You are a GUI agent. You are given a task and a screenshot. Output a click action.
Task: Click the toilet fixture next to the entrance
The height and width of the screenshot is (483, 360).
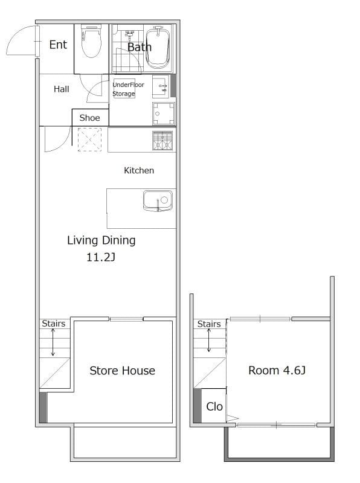click(x=91, y=42)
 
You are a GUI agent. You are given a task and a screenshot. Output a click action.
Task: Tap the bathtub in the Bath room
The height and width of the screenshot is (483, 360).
click(x=158, y=47)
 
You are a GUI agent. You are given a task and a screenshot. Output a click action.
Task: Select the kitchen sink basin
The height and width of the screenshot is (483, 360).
click(x=158, y=201)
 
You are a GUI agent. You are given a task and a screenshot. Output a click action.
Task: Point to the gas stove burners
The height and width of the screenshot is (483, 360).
click(x=162, y=141)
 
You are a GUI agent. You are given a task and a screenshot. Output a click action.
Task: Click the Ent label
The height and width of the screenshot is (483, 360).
click(x=58, y=45)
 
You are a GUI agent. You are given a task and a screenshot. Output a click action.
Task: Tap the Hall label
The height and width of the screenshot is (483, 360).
click(x=62, y=89)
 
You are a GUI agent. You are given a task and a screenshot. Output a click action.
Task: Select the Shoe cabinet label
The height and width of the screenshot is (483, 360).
click(x=89, y=118)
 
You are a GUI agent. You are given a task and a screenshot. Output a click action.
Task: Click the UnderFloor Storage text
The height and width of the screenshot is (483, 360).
click(x=128, y=89)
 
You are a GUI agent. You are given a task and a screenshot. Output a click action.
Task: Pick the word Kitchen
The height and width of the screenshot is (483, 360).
click(x=139, y=170)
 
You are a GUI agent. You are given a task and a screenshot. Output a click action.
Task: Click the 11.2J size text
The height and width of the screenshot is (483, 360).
click(x=101, y=257)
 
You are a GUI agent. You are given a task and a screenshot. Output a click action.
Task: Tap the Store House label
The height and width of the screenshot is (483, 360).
click(x=123, y=371)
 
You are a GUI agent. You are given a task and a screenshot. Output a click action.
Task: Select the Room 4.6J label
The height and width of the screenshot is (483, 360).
click(x=277, y=370)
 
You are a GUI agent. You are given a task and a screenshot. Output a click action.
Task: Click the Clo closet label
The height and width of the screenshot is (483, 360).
click(x=214, y=406)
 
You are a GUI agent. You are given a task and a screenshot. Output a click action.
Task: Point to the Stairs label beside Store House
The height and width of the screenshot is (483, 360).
click(x=54, y=324)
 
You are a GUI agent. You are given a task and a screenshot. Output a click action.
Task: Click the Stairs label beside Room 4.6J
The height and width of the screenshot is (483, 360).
click(x=209, y=324)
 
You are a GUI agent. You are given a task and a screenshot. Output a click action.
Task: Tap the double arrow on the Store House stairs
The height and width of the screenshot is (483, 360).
click(x=53, y=342)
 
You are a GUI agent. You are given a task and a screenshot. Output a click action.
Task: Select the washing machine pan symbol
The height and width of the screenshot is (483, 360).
click(x=163, y=114)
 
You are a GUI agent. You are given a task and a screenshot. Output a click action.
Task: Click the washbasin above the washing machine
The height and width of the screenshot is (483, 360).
click(x=161, y=86)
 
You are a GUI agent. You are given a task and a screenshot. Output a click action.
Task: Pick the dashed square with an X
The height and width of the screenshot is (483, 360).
click(x=89, y=139)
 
